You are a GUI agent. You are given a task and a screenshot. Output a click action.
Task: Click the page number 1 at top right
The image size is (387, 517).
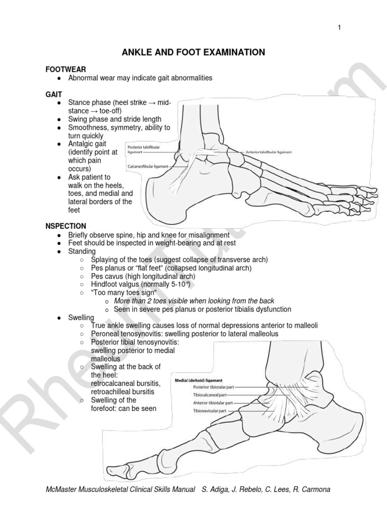(x=340, y=27)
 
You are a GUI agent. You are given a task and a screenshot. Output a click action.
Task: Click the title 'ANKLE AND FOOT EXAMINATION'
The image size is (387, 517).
(x=193, y=52)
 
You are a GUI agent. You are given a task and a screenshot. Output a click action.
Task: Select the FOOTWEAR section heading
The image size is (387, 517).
(x=66, y=69)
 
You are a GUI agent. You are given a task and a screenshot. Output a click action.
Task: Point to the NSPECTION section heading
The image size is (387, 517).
(x=66, y=226)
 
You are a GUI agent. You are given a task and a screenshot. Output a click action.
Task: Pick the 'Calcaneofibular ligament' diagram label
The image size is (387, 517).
(x=147, y=166)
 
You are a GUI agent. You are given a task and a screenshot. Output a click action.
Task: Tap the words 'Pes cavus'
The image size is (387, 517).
(x=106, y=276)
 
